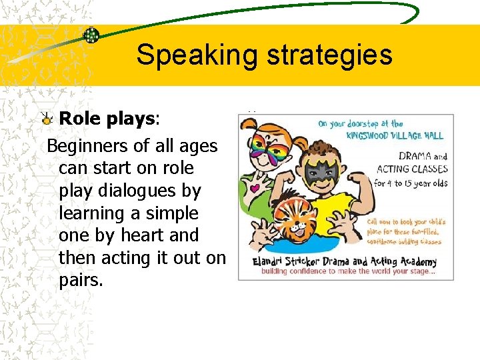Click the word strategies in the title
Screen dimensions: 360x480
pos(328,55)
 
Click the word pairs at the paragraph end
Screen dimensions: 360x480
pos(80,280)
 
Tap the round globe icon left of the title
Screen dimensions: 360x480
pos(91,35)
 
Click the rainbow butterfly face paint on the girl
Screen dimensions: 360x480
pos(273,150)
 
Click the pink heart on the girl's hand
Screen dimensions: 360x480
pos(254,188)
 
